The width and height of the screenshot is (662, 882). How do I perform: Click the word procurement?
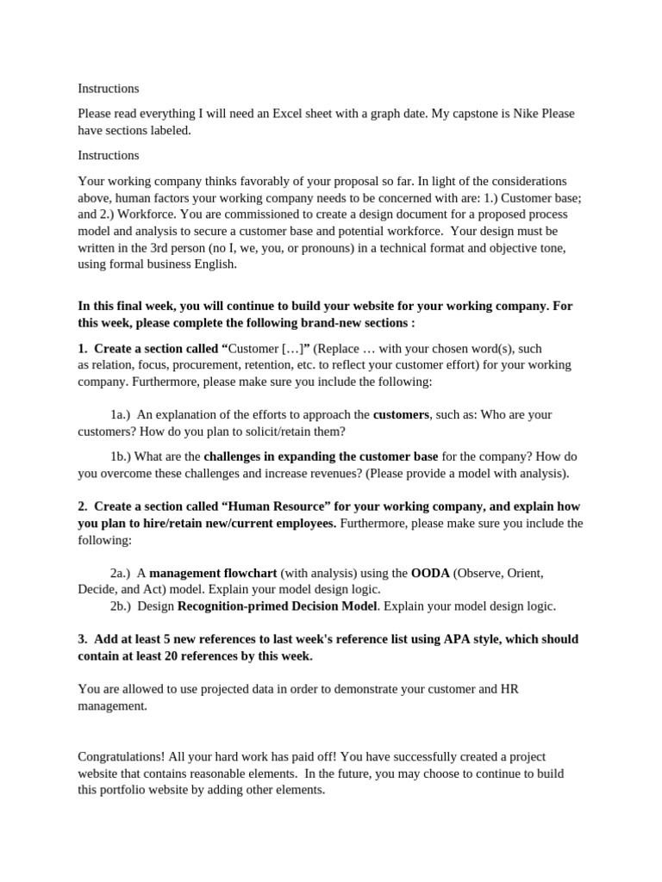click(x=193, y=365)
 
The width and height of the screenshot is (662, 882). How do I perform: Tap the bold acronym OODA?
click(x=430, y=573)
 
